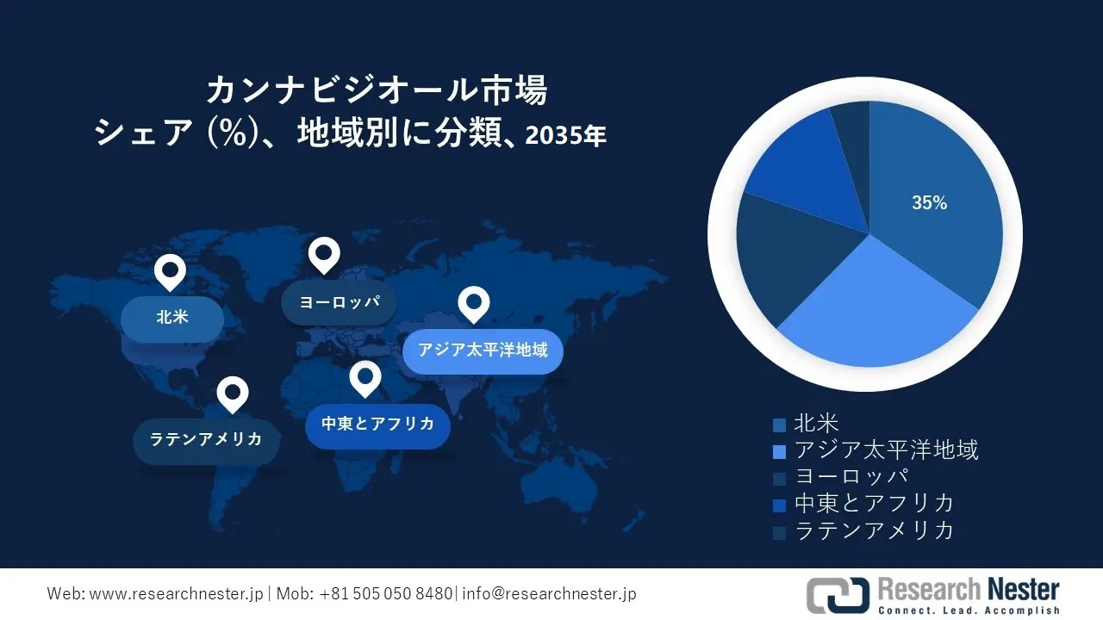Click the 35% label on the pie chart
pos(929,203)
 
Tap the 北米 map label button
pos(172,317)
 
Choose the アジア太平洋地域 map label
pos(483,350)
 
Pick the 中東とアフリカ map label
pos(377,424)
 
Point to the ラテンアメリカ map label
pos(206,439)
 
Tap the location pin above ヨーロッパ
pos(324,255)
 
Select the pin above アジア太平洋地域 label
pos(473,303)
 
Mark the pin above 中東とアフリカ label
pos(365,377)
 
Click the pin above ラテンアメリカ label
pos(233,394)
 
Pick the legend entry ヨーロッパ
pos(851,477)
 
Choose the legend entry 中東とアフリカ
pos(874,504)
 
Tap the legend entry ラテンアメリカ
pos(874,530)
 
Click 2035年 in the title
pos(565,134)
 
